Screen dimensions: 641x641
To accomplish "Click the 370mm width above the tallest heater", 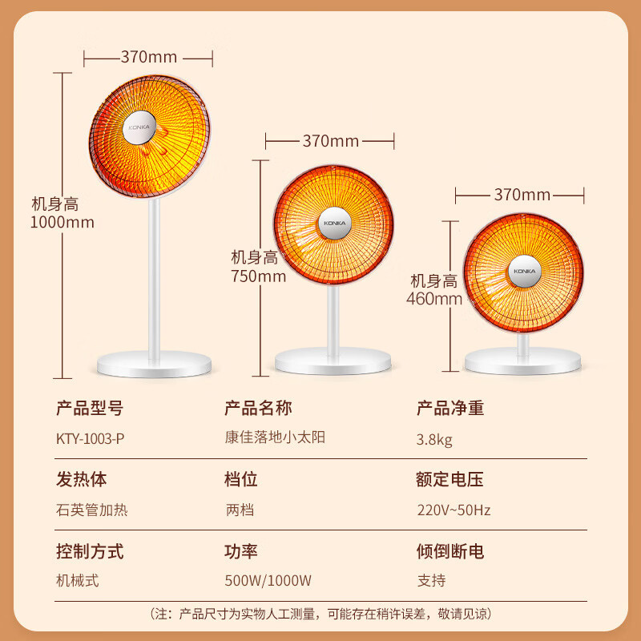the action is pyautogui.click(x=149, y=57).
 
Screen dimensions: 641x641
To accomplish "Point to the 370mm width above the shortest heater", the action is pyautogui.click(x=522, y=195).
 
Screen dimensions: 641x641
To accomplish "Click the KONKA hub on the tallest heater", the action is pyautogui.click(x=139, y=127).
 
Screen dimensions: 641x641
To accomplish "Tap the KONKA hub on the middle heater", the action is pyautogui.click(x=335, y=224).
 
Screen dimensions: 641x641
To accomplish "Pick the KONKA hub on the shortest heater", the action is pyautogui.click(x=525, y=272).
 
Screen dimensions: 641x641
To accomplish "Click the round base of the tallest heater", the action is pyautogui.click(x=154, y=365).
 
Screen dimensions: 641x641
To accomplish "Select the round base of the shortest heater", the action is pyautogui.click(x=523, y=361).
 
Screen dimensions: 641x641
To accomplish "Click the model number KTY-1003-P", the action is pyautogui.click(x=90, y=439).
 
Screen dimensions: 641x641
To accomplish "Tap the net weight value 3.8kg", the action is pyautogui.click(x=434, y=440).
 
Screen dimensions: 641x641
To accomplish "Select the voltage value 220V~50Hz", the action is pyautogui.click(x=454, y=510).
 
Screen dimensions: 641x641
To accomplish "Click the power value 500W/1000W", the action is pyautogui.click(x=268, y=580).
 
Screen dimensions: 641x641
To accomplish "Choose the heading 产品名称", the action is pyautogui.click(x=258, y=408).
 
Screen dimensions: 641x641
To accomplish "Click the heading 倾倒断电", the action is pyautogui.click(x=450, y=551).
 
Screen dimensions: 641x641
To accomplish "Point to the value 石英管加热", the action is pyautogui.click(x=92, y=510).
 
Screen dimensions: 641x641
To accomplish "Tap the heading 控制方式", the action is pyautogui.click(x=90, y=551).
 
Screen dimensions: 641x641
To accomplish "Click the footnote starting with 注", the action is pyautogui.click(x=321, y=614).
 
